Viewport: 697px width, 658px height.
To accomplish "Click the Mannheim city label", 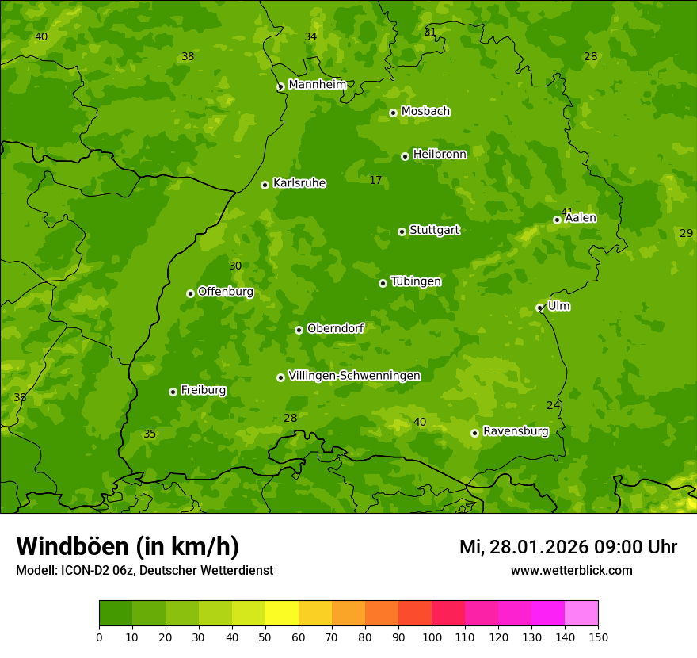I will [x=317, y=85].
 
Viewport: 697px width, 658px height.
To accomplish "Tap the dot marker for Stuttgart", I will [x=402, y=231].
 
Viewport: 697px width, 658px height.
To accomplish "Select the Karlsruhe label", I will [x=299, y=183].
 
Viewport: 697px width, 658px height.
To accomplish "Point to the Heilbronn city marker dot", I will [x=405, y=156].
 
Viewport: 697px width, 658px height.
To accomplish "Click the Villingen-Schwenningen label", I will [x=354, y=376].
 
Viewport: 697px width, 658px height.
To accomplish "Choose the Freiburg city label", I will [x=203, y=390].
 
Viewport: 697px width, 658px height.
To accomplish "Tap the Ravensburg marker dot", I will [x=474, y=433].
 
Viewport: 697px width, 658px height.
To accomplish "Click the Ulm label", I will [x=558, y=306].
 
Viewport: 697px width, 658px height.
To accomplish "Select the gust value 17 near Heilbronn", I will [x=375, y=181].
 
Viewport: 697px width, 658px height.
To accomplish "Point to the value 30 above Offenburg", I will [x=235, y=266].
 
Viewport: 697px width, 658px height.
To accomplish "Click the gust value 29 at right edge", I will [x=686, y=233].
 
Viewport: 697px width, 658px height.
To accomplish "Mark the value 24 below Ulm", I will [x=553, y=406].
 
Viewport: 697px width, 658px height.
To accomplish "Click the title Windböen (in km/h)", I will [x=128, y=546].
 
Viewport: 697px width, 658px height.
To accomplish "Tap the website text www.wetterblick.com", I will [x=571, y=571].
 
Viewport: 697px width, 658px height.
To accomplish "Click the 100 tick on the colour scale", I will [x=432, y=637].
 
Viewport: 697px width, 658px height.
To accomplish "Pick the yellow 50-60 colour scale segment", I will [x=282, y=613].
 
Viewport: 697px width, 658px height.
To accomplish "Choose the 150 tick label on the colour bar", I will [x=598, y=637].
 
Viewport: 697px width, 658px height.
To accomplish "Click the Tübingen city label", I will [x=415, y=281].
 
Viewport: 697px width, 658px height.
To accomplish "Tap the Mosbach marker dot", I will [x=393, y=113].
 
